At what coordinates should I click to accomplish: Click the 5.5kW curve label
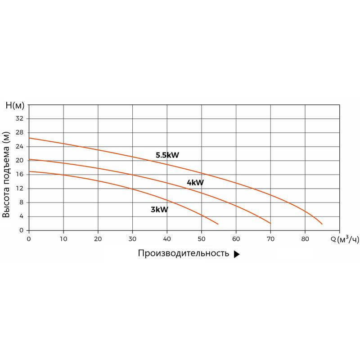167,155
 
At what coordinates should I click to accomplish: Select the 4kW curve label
195,183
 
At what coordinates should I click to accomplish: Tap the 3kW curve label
159,209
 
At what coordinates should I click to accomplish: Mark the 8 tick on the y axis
21,202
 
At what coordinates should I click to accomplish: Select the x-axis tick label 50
202,238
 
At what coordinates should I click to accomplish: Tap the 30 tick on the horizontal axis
132,238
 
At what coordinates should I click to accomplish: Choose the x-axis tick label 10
63,238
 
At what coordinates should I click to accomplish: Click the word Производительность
184,254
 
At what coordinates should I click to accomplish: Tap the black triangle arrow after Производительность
237,254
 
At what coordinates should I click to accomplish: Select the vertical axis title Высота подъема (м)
6,175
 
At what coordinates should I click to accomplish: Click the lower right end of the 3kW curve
218,224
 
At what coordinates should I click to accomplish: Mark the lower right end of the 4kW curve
270,223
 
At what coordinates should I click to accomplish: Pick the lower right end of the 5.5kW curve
322,224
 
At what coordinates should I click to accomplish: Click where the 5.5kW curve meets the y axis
29,138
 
